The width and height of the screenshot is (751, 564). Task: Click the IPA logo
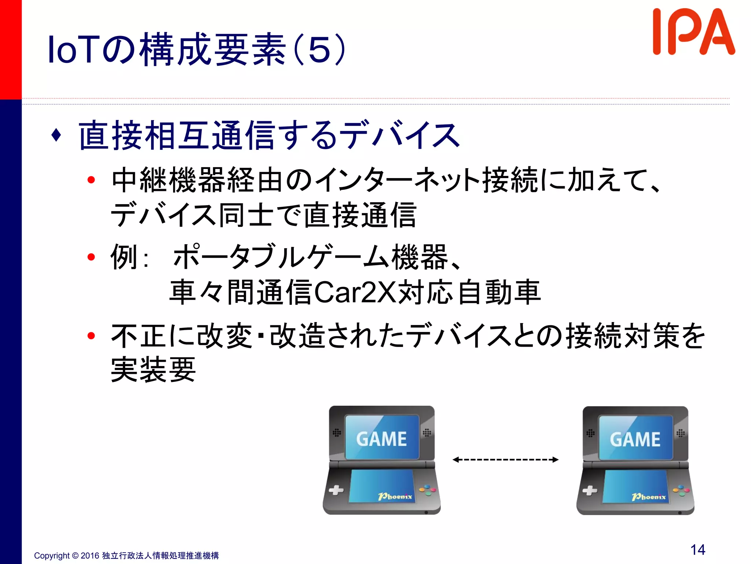coord(693,32)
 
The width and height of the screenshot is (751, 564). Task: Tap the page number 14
coord(697,550)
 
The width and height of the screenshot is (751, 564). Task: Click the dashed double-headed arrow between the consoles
coord(505,459)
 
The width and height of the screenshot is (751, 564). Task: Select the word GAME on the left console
coord(381,439)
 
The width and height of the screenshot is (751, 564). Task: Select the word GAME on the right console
coord(635,440)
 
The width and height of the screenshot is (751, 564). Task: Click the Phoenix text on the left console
coord(395,496)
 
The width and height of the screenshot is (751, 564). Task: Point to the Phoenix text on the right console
coord(649,497)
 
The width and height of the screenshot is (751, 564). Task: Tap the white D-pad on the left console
coord(336,490)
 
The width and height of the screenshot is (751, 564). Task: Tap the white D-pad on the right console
coord(590,490)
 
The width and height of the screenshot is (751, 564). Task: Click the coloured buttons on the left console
coord(428,490)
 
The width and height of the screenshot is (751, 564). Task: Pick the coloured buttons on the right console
coord(681,490)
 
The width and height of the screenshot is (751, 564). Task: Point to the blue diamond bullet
coord(56,135)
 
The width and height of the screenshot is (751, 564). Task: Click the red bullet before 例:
coord(91,257)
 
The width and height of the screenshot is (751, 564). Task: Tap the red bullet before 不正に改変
coord(91,335)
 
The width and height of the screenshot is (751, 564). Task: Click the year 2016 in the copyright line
coord(90,556)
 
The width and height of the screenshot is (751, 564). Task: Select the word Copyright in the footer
coord(52,556)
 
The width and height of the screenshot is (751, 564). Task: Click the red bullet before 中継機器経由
coord(91,180)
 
